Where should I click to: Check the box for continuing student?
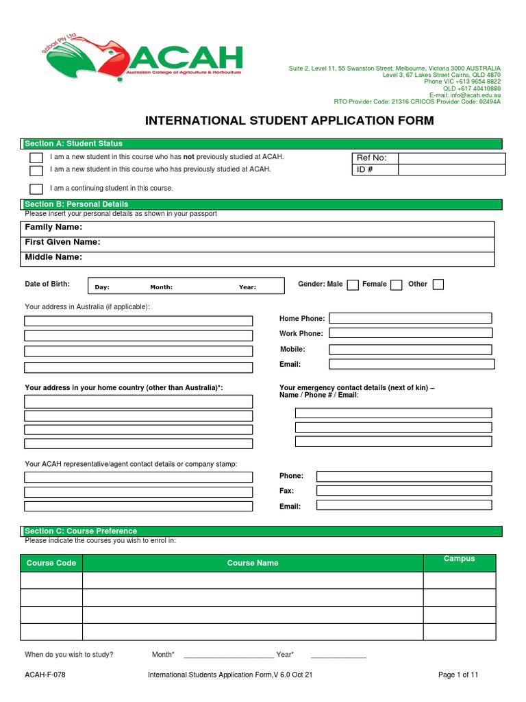[x=36, y=189]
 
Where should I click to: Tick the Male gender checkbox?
[x=353, y=285]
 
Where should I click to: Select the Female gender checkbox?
[x=396, y=285]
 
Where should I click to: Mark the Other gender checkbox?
[x=438, y=285]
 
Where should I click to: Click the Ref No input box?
[x=451, y=158]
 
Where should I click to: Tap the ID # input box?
[x=451, y=170]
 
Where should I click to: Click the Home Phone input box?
[x=410, y=318]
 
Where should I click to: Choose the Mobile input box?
[x=410, y=349]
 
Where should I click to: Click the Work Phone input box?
[x=410, y=333]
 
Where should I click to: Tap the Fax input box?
[x=403, y=491]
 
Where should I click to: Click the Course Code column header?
[x=51, y=563]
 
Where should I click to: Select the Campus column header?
[x=459, y=559]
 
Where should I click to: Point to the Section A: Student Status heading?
[x=74, y=143]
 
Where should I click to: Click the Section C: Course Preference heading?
[x=81, y=531]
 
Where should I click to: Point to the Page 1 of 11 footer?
[x=458, y=675]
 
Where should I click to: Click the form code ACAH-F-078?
[x=45, y=675]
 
